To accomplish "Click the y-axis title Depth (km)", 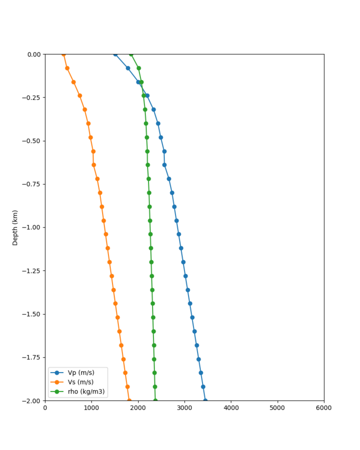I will click(15, 227).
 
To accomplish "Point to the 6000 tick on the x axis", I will click(324, 408).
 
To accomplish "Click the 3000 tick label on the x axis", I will click(184, 408).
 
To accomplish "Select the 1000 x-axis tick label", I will click(91, 408).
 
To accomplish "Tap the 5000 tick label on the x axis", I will click(277, 408).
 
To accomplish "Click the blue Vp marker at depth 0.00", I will click(115, 54).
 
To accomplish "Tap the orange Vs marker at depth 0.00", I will click(63, 54).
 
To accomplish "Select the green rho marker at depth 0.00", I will click(131, 54).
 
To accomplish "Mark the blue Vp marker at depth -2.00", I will click(205, 400).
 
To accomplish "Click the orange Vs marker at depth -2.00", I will click(129, 400).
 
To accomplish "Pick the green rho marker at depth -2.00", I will click(155, 400).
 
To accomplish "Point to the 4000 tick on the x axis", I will click(231, 408).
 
